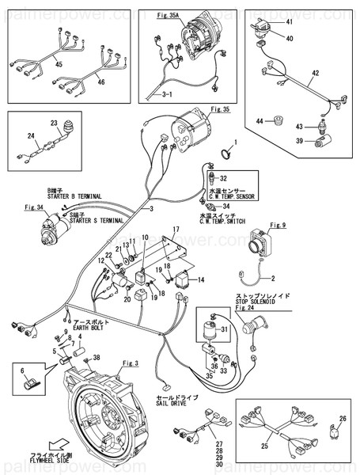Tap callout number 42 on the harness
coord(314,73)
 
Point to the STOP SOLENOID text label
coord(260,301)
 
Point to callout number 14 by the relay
coord(201,280)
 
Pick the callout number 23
coord(55,123)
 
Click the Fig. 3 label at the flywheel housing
coord(131,363)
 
